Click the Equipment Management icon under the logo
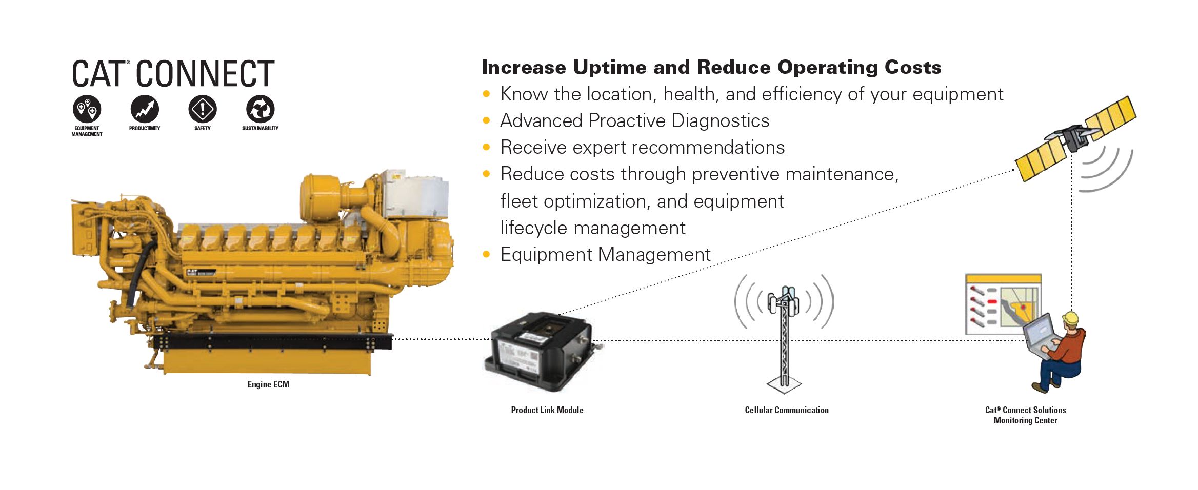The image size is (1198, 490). (87, 109)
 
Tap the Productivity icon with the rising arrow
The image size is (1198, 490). (145, 109)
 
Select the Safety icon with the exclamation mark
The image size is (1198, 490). (203, 109)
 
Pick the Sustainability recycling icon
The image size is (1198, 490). (261, 109)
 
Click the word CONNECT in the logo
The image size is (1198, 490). (205, 74)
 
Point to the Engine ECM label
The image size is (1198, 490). (268, 384)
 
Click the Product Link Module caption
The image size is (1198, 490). (547, 410)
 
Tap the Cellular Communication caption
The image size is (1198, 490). (787, 410)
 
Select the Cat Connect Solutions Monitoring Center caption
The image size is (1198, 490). (1026, 415)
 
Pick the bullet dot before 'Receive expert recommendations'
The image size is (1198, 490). (487, 148)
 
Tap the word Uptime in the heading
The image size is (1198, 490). (602, 67)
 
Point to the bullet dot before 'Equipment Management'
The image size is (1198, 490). (487, 255)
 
